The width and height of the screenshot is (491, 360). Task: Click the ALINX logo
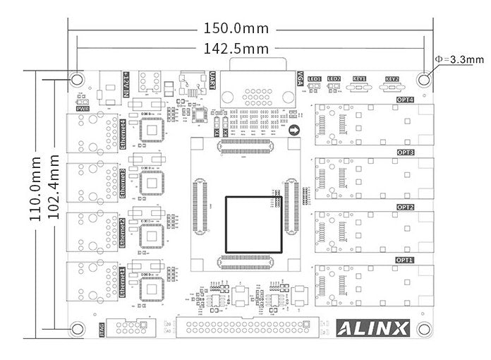click(x=372, y=328)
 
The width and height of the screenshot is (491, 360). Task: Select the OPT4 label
click(x=405, y=100)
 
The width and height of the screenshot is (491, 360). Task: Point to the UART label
click(x=213, y=79)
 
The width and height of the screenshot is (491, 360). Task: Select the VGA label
click(x=300, y=77)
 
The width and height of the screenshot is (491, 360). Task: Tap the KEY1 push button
click(x=359, y=88)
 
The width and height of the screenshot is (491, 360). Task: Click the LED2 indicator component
click(x=334, y=88)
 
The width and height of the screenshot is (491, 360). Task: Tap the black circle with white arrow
click(x=295, y=130)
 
